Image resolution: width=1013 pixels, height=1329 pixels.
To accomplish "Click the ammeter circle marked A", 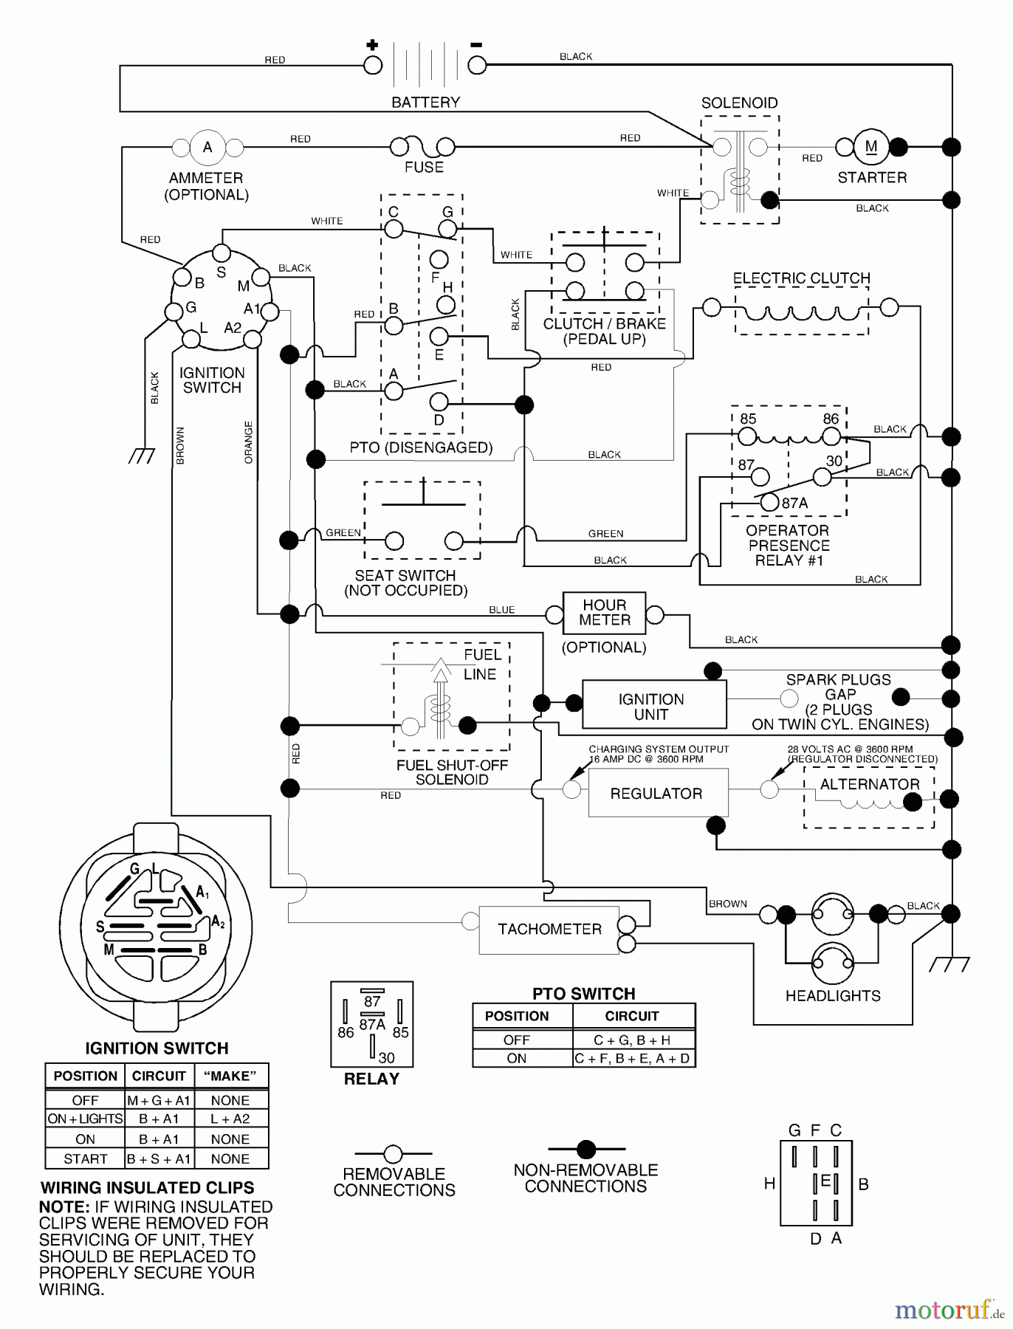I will tap(207, 147).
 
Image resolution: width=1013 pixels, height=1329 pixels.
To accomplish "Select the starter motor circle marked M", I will tap(871, 146).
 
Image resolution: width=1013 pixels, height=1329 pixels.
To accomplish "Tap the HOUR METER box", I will tap(604, 613).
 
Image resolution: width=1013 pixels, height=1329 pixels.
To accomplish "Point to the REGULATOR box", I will tap(657, 793).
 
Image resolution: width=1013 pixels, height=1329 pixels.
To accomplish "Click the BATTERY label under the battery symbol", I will tap(425, 102).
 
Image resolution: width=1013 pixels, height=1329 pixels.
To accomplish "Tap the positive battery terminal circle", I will tap(373, 65).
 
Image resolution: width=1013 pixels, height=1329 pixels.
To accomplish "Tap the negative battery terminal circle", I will tap(478, 65).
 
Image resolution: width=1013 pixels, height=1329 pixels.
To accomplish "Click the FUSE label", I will tap(424, 168).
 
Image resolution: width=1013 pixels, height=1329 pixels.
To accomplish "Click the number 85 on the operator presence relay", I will tap(748, 419).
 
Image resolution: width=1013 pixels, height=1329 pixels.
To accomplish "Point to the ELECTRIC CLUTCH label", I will tap(801, 278).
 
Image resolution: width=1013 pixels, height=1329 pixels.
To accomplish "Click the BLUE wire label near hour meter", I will tap(501, 610).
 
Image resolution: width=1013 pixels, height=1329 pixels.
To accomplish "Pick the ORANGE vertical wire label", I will tap(249, 442).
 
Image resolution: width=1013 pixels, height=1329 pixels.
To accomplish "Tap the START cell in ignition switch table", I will tap(85, 1158).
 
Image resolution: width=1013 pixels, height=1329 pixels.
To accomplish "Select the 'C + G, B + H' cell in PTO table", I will tap(633, 1040).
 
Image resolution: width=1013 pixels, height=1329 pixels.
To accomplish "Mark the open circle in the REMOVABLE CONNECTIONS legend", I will tap(393, 1153).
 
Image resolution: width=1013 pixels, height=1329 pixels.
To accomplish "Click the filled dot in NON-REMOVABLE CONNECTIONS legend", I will tap(586, 1149).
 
